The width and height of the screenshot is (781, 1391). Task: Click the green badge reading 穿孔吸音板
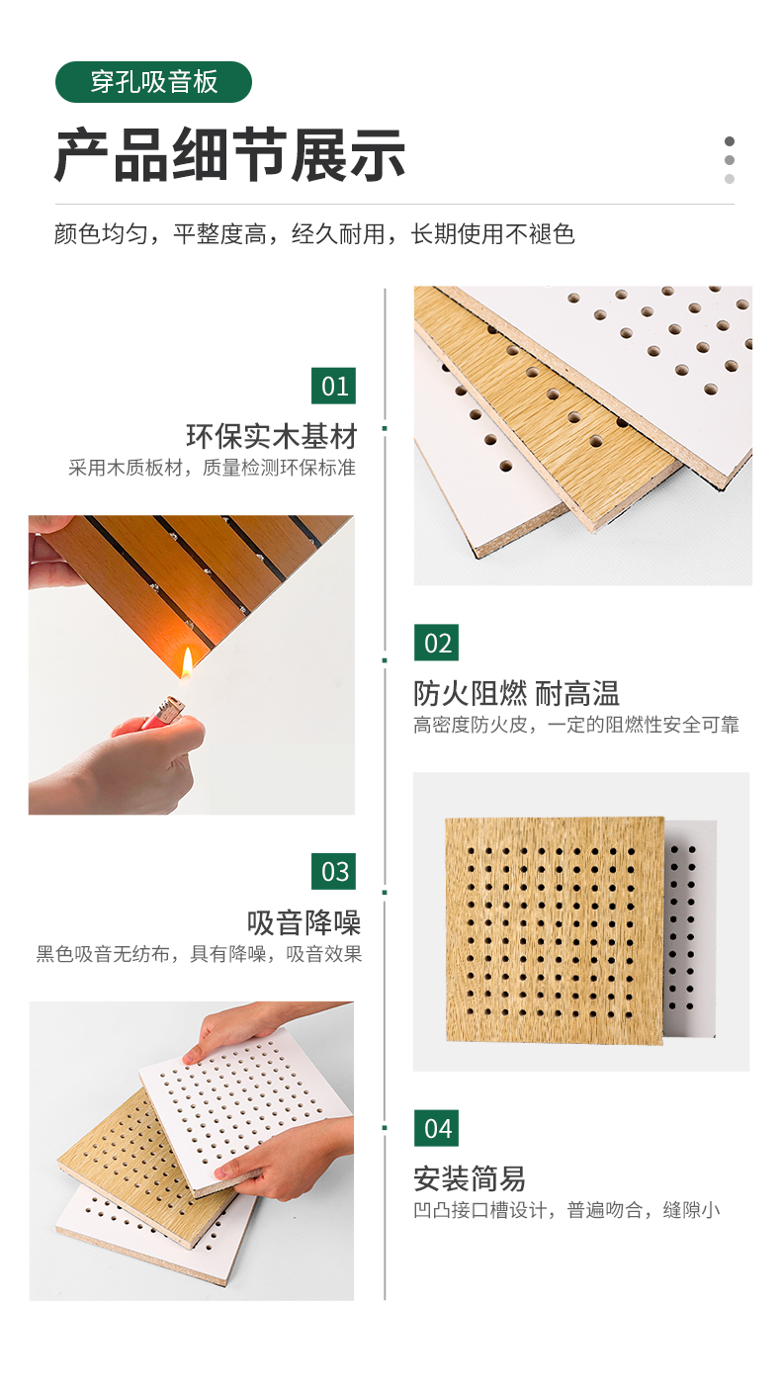click(153, 82)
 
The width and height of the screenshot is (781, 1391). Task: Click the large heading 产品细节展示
click(229, 155)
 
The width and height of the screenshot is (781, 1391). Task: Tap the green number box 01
click(333, 387)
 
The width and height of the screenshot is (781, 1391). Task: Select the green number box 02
click(436, 643)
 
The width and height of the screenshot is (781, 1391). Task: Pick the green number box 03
click(333, 871)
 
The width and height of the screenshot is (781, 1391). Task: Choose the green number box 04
click(436, 1128)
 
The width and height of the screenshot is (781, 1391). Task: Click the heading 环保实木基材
click(272, 436)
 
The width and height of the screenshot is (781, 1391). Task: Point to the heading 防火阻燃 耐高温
click(516, 694)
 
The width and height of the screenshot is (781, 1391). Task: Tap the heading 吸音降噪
click(304, 922)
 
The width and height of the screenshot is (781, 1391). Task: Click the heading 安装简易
click(470, 1178)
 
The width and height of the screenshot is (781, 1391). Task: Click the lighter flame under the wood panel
click(186, 662)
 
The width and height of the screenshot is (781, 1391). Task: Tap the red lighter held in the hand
click(163, 713)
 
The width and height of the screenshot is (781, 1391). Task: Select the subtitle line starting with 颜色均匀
click(314, 234)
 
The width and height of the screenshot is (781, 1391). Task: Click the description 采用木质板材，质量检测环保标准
click(212, 468)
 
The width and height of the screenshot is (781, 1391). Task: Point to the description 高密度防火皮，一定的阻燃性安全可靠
click(576, 725)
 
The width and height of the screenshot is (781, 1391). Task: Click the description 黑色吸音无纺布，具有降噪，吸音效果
click(199, 954)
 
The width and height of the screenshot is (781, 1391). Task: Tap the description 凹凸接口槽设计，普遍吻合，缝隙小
click(566, 1210)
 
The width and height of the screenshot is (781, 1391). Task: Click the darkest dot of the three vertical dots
click(730, 141)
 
